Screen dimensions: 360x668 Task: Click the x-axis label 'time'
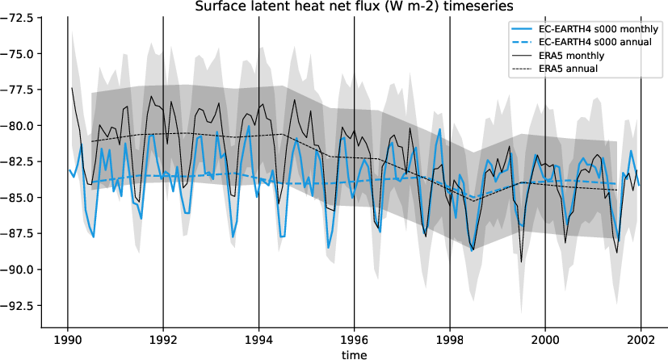point(354,354)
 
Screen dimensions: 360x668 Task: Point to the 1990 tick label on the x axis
point(67,339)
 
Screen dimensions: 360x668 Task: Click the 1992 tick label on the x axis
point(163,339)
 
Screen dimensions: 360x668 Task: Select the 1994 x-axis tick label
point(258,339)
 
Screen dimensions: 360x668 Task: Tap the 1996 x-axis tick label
point(354,339)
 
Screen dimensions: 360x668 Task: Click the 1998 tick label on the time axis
point(450,339)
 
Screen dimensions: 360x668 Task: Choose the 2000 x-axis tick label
point(545,339)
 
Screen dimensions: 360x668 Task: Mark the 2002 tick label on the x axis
point(641,339)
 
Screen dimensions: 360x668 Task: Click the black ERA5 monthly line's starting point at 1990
point(72,88)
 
